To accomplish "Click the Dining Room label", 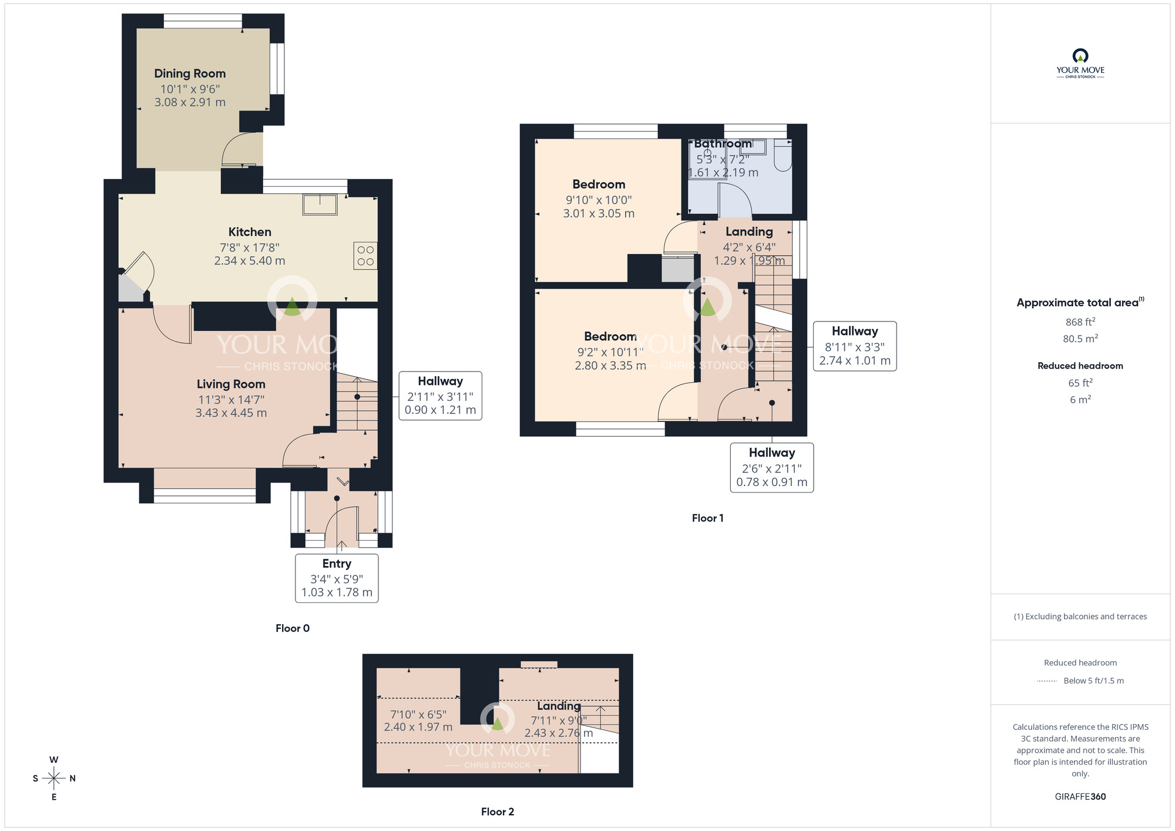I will click(190, 73).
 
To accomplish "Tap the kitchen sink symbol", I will click(320, 205).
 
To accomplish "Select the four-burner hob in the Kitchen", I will click(365, 256).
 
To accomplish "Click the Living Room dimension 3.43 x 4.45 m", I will click(231, 413).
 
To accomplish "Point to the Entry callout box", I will click(337, 578).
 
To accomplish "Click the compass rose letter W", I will click(54, 760).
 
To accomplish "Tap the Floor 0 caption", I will click(293, 628).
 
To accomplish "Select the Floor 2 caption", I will click(497, 812).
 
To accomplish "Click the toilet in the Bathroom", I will click(783, 156).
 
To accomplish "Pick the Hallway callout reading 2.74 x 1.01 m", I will click(854, 346).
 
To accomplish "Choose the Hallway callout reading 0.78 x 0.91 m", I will click(771, 468).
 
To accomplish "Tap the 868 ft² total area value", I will click(1080, 322).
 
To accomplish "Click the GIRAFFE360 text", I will click(1080, 797).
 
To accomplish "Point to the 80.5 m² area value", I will click(1080, 339).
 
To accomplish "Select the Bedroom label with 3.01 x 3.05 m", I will click(599, 185).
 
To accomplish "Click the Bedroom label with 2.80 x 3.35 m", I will click(610, 337).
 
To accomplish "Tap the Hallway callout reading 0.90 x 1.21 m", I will click(440, 396).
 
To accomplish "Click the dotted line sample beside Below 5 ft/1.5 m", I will click(1047, 681).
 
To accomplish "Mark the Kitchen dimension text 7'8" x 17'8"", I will click(250, 247).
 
